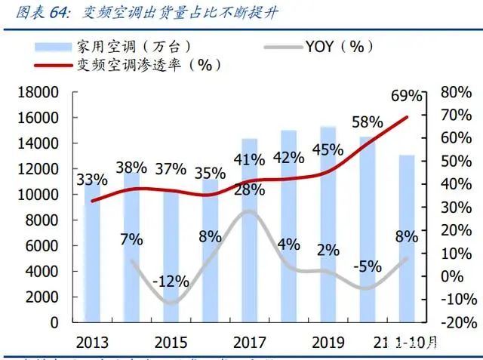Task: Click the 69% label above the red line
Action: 407,96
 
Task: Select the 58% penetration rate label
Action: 368,122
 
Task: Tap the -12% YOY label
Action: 170,282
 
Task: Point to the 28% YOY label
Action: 249,189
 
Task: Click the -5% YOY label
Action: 368,266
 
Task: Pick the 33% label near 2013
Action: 91,180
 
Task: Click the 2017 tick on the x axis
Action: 249,341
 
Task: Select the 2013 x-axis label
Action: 91,341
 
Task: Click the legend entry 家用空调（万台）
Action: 128,47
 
